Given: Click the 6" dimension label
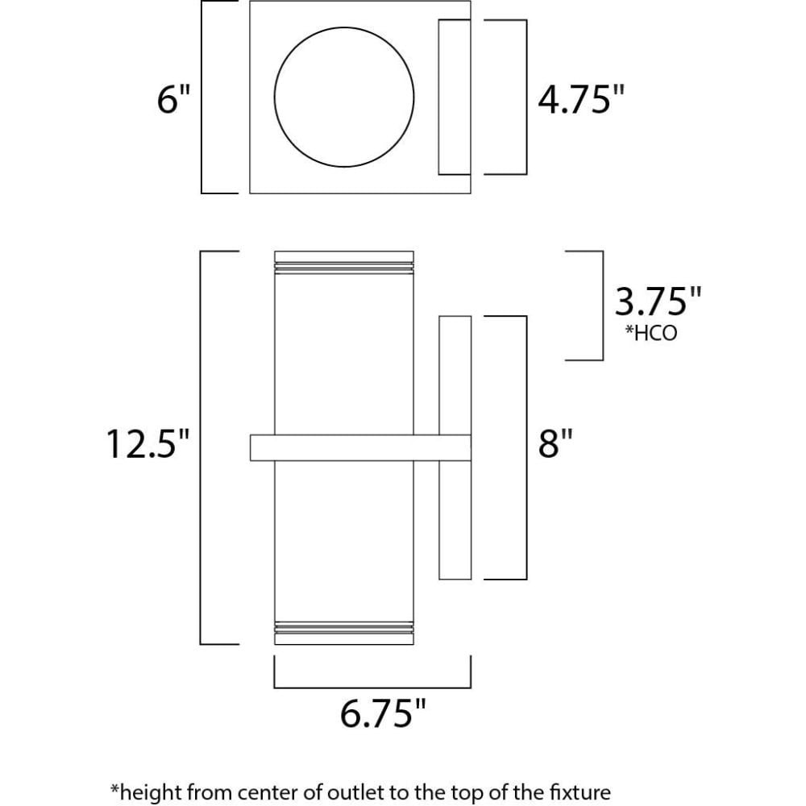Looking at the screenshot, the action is click(174, 98).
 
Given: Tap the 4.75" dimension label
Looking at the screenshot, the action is click(581, 98).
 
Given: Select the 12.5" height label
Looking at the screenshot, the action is click(148, 443).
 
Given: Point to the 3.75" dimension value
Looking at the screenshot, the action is click(658, 301).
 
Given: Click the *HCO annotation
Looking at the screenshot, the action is click(650, 333).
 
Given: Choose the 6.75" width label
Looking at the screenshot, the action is click(383, 713).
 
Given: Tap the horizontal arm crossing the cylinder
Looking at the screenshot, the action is click(360, 447).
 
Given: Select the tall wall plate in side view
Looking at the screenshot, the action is click(455, 447).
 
